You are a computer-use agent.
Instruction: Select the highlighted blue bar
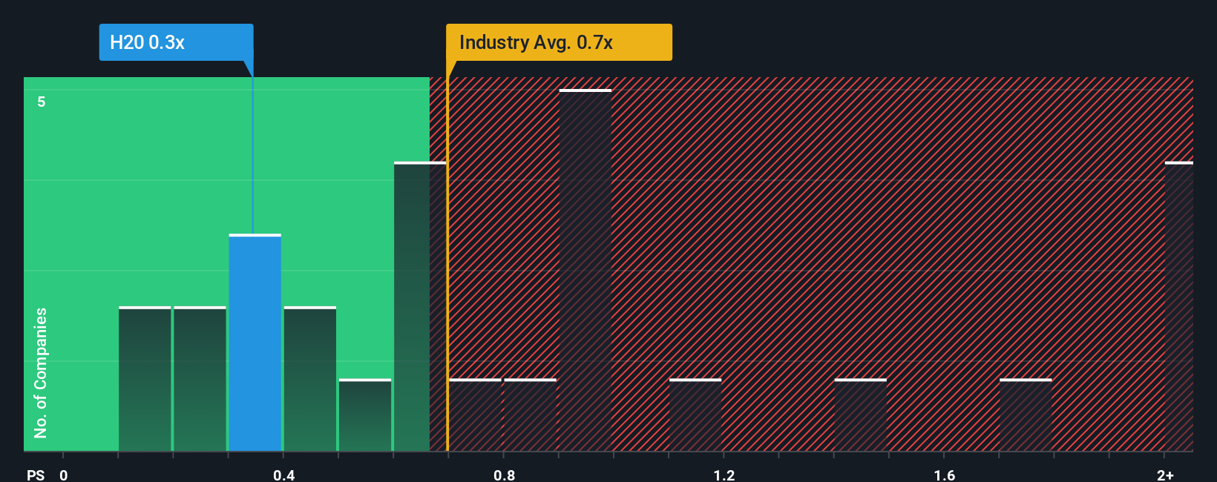pyautogui.click(x=255, y=343)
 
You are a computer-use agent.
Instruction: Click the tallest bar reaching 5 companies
pyautogui.click(x=585, y=271)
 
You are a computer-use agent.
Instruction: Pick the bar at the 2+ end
pyautogui.click(x=1178, y=306)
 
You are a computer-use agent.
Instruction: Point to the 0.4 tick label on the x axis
pyautogui.click(x=283, y=475)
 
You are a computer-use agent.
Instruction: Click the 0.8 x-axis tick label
pyautogui.click(x=504, y=475)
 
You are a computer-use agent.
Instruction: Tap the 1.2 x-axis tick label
pyautogui.click(x=724, y=475)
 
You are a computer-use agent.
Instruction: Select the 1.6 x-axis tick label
pyautogui.click(x=944, y=475)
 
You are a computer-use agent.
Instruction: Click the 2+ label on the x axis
pyautogui.click(x=1165, y=475)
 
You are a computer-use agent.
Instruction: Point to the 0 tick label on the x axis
pyautogui.click(x=64, y=475)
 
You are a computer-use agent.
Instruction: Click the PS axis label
pyautogui.click(x=36, y=475)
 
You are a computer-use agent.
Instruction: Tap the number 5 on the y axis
pyautogui.click(x=42, y=102)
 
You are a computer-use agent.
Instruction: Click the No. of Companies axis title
pyautogui.click(x=41, y=372)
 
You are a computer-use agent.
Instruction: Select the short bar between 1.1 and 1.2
pyautogui.click(x=695, y=415)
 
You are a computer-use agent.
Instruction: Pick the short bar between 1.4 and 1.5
pyautogui.click(x=860, y=415)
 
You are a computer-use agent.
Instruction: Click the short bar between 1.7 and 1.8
pyautogui.click(x=1025, y=415)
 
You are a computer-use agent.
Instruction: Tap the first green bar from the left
pyautogui.click(x=145, y=379)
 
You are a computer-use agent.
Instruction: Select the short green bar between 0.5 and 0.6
pyautogui.click(x=365, y=415)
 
